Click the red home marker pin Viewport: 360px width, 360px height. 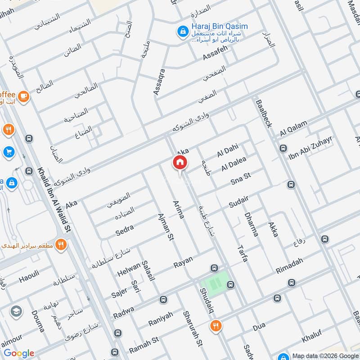(x=180, y=162)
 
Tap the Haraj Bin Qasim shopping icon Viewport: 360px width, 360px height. (x=183, y=31)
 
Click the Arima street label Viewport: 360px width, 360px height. (x=179, y=210)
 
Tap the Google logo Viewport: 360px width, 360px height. (x=19, y=353)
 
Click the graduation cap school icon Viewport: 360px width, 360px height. (x=16, y=312)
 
